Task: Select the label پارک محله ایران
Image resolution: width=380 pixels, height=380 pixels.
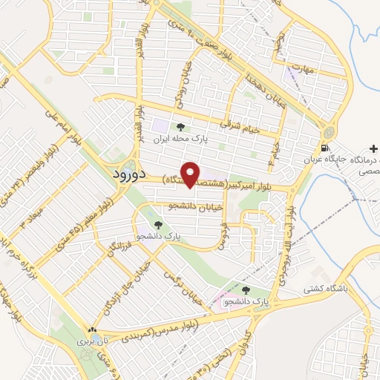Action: click(x=179, y=139)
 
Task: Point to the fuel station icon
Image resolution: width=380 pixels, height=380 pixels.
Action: click(x=324, y=147)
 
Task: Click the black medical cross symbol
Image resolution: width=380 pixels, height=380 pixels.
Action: click(x=373, y=150)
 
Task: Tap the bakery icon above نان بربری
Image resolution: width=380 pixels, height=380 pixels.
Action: click(x=92, y=331)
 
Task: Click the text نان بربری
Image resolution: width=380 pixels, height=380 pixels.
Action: click(x=93, y=342)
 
